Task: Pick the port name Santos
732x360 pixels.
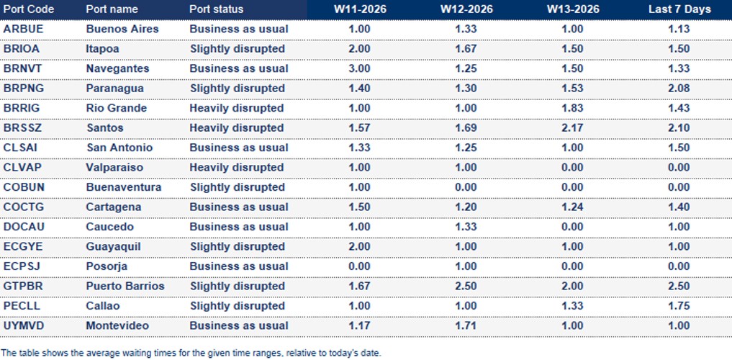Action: point(104,128)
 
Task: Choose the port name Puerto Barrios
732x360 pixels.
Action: point(125,287)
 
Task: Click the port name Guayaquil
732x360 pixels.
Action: point(113,247)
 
